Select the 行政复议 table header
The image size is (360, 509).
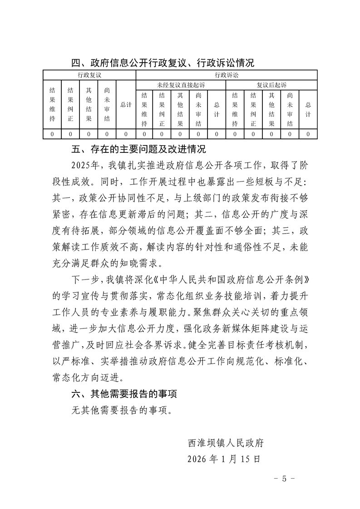(x=89, y=74)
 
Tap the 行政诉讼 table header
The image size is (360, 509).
(x=226, y=74)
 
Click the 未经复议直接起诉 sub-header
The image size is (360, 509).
(x=181, y=85)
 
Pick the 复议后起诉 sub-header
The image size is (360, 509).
(x=271, y=85)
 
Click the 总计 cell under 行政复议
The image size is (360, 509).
(x=126, y=105)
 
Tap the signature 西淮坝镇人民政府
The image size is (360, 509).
(x=226, y=442)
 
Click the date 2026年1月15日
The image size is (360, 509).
(x=224, y=459)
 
